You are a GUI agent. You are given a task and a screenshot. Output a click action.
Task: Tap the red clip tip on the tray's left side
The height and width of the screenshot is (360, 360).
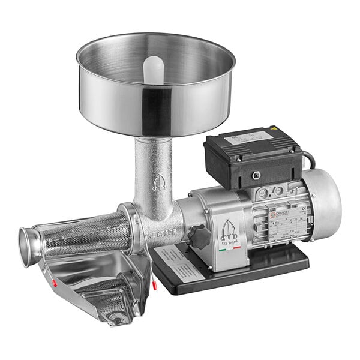pos(54,282)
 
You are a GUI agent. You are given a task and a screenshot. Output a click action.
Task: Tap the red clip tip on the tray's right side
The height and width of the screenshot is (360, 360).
pos(154,285)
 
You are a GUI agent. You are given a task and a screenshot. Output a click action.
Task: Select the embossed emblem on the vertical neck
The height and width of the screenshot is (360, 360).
pos(157,181)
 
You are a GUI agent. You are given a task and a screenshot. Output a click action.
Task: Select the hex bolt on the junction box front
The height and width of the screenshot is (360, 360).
pos(256,175)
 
